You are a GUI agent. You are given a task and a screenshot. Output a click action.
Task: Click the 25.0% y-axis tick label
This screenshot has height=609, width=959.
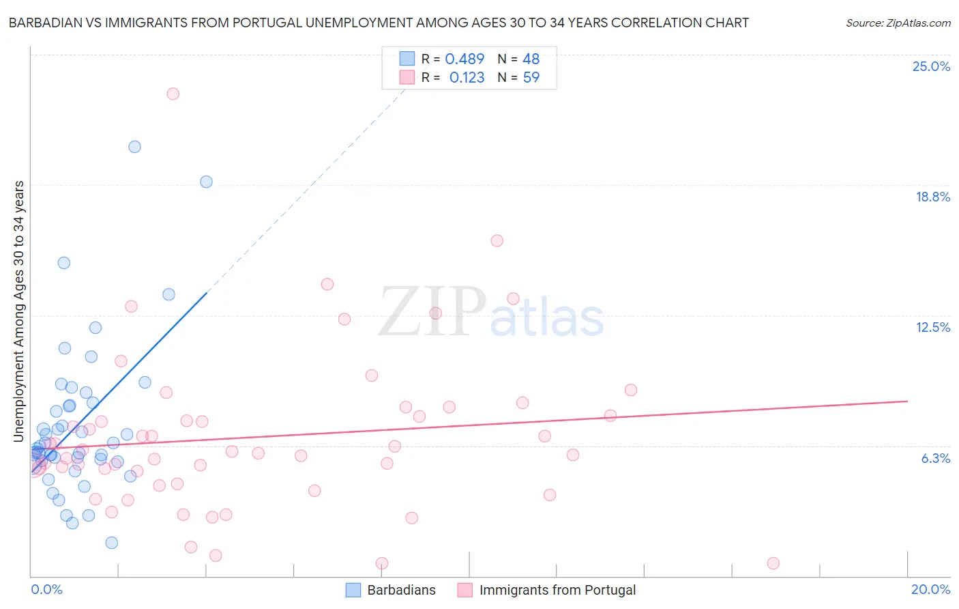pyautogui.click(x=931, y=66)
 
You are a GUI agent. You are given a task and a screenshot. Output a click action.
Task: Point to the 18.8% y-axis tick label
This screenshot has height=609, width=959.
pyautogui.click(x=932, y=197)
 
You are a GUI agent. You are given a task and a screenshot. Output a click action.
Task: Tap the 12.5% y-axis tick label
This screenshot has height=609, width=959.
pyautogui.click(x=932, y=327)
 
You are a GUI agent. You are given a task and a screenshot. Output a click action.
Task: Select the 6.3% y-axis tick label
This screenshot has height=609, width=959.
pyautogui.click(x=935, y=458)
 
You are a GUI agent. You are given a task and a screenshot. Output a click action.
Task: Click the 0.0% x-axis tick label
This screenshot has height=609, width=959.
pyautogui.click(x=46, y=589)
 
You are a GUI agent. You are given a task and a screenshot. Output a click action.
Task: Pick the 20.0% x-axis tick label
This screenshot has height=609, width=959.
pyautogui.click(x=930, y=589)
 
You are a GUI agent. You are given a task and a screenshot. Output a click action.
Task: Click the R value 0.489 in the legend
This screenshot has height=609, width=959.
pyautogui.click(x=464, y=59)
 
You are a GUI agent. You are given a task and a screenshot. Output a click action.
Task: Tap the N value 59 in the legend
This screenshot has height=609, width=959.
pyautogui.click(x=531, y=77)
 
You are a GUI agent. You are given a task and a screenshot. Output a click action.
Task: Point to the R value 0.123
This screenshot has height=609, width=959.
pyautogui.click(x=467, y=77)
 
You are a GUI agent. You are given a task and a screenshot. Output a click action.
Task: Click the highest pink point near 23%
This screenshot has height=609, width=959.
pyautogui.click(x=173, y=94)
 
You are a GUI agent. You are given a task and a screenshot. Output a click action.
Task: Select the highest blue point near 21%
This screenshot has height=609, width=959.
pyautogui.click(x=135, y=147)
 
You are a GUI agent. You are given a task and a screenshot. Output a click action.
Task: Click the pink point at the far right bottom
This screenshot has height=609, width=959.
pyautogui.click(x=773, y=563)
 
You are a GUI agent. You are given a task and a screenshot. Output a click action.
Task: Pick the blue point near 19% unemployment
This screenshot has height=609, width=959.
pyautogui.click(x=206, y=182)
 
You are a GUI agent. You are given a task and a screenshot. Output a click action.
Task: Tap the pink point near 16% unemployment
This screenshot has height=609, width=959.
pyautogui.click(x=497, y=240)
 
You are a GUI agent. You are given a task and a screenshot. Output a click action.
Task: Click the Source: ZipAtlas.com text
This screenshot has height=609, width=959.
pyautogui.click(x=898, y=23)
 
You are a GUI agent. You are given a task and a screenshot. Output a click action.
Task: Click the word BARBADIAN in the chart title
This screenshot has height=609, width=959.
pyautogui.click(x=45, y=23)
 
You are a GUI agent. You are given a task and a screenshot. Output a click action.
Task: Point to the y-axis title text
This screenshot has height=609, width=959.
pyautogui.click(x=19, y=311)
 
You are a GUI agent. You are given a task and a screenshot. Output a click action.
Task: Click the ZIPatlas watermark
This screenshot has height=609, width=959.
pyautogui.click(x=491, y=313)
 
